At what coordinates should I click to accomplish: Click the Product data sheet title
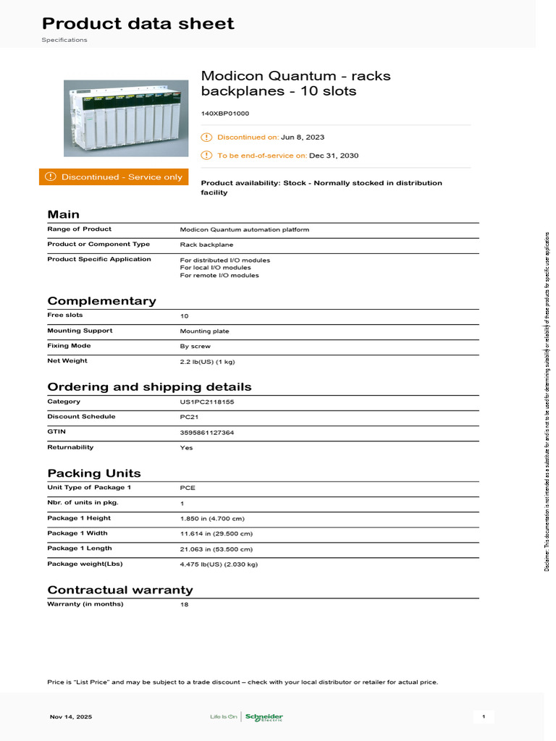click(x=138, y=24)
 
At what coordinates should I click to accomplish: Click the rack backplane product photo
click(x=126, y=118)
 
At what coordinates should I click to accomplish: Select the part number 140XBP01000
click(x=225, y=114)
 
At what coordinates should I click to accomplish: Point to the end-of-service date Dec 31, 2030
click(x=334, y=156)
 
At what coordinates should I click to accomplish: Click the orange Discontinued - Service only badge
click(x=114, y=177)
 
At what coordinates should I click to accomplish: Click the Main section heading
click(x=64, y=214)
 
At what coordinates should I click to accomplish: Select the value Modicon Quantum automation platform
click(x=244, y=229)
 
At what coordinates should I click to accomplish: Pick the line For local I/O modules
click(x=215, y=268)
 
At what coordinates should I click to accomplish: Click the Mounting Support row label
click(x=80, y=331)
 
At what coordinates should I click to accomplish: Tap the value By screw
click(x=195, y=347)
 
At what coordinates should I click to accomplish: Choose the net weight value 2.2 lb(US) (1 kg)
click(x=207, y=361)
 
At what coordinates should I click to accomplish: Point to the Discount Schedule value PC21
click(x=189, y=418)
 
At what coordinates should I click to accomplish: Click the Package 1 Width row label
click(x=77, y=533)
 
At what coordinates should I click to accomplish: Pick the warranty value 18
click(x=184, y=604)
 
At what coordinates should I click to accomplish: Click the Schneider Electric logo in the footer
click(x=264, y=717)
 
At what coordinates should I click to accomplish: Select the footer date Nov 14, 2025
click(x=71, y=717)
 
